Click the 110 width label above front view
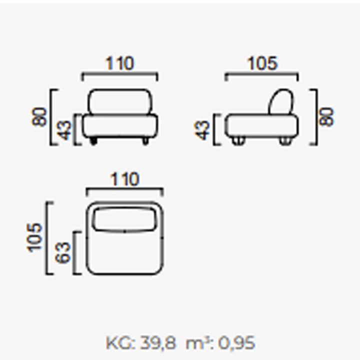point(119,63)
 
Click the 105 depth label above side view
point(262,63)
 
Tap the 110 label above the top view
point(125,179)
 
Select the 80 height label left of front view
point(39,116)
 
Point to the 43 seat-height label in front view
point(64,130)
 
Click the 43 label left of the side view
point(202,130)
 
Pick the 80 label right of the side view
point(326,116)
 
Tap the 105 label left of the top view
point(34,238)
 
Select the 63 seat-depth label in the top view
point(62,252)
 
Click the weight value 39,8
point(157,343)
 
